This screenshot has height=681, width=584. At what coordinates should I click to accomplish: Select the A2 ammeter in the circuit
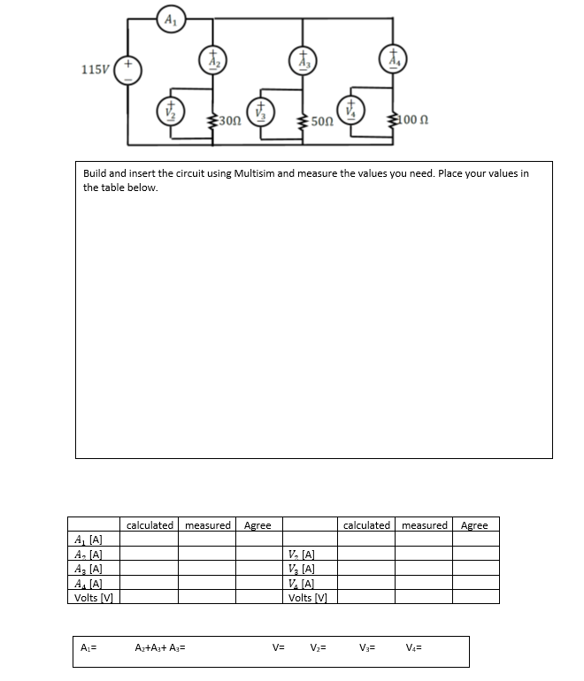tap(213, 58)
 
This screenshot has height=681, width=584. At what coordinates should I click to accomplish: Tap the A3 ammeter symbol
tap(301, 58)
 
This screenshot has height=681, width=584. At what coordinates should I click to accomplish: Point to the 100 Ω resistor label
tap(415, 119)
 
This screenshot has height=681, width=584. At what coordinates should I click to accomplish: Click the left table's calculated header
tap(150, 525)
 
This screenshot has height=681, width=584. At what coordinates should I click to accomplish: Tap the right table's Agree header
tap(474, 525)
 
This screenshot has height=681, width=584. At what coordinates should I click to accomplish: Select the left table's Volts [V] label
tap(94, 597)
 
